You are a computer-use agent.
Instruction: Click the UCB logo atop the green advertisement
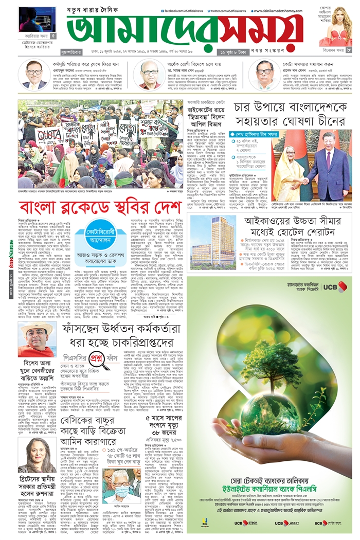(334, 287)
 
